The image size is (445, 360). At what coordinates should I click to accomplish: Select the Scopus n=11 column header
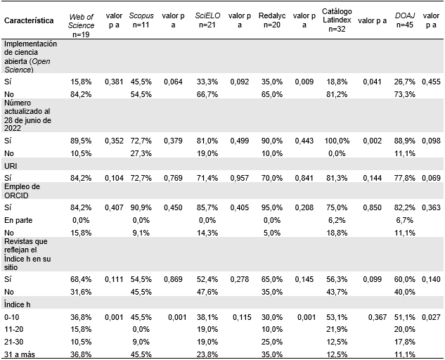pos(141,20)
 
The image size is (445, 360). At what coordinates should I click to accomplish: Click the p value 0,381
pos(113,82)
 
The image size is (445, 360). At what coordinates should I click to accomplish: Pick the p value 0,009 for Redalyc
pos(303,82)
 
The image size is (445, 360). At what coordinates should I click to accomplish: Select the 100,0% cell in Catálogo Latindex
pos(337,140)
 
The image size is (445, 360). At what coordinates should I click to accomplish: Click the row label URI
pos(11,165)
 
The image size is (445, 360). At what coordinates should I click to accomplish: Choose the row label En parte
pos(18,220)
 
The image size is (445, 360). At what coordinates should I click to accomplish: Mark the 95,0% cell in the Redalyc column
pos(271,208)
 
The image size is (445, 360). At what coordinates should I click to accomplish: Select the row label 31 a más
pos(19,353)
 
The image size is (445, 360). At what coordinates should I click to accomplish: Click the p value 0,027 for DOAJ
pos(430,317)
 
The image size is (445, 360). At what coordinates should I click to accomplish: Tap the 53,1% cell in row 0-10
pos(337,317)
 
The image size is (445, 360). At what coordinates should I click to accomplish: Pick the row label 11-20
pos(15,329)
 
